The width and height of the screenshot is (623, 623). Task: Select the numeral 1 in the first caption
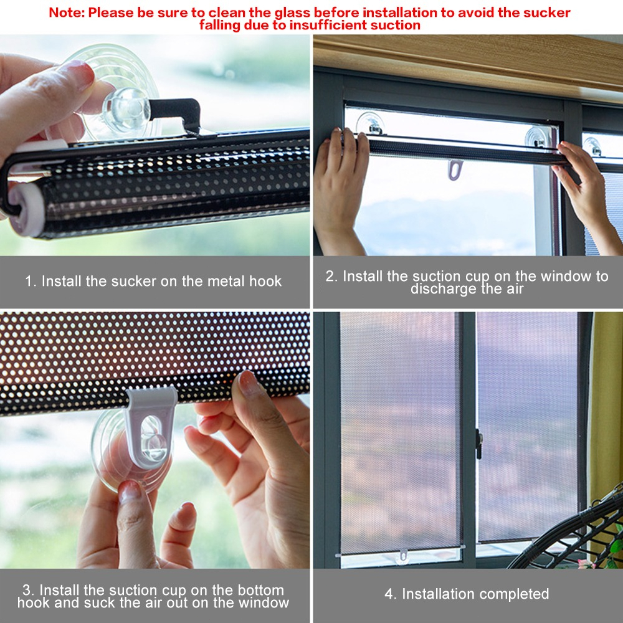tap(29, 281)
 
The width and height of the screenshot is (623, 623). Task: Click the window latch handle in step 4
tap(478, 444)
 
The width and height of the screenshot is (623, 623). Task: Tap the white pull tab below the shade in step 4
tap(404, 554)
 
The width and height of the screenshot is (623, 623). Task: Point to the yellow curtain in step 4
tap(606, 405)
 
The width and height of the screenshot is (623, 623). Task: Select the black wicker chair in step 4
tap(573, 536)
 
